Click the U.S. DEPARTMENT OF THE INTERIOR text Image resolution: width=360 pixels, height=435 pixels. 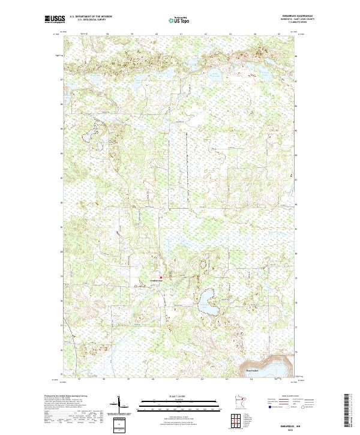pyautogui.click(x=90, y=17)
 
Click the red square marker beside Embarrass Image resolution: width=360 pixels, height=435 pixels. pyautogui.click(x=169, y=277)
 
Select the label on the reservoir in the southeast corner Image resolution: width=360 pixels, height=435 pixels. pyautogui.click(x=253, y=370)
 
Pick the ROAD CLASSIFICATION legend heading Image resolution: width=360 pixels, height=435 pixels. pyautogui.click(x=290, y=397)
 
